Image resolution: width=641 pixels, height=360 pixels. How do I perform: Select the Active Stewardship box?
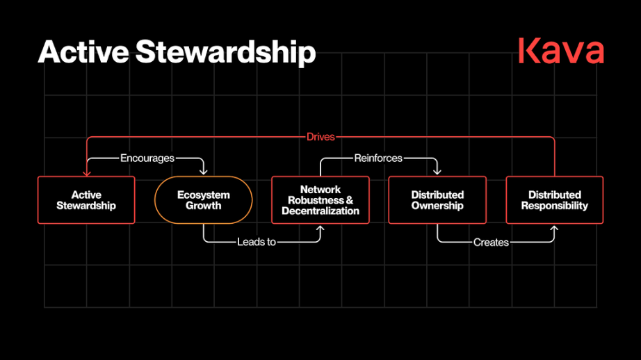click(86, 200)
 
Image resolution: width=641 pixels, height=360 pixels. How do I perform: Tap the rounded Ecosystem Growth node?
click(203, 200)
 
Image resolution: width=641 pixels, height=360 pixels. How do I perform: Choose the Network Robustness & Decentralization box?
click(320, 200)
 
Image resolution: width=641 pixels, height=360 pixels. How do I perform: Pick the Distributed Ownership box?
click(437, 200)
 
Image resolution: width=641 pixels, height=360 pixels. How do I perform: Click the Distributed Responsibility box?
click(554, 200)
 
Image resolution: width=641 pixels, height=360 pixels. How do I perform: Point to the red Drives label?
click(320, 137)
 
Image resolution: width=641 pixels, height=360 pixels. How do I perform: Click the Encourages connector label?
click(147, 158)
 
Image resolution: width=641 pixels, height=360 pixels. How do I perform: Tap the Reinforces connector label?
click(378, 158)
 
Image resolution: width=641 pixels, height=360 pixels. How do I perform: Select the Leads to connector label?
click(257, 243)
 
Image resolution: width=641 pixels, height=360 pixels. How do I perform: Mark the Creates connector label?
click(491, 243)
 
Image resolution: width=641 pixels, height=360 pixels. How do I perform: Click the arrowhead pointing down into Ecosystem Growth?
click(203, 172)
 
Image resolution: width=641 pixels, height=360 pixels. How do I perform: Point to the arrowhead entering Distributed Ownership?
click(437, 172)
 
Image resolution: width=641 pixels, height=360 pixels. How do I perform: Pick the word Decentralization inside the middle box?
click(320, 211)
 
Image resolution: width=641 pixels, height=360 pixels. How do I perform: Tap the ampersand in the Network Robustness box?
click(348, 200)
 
